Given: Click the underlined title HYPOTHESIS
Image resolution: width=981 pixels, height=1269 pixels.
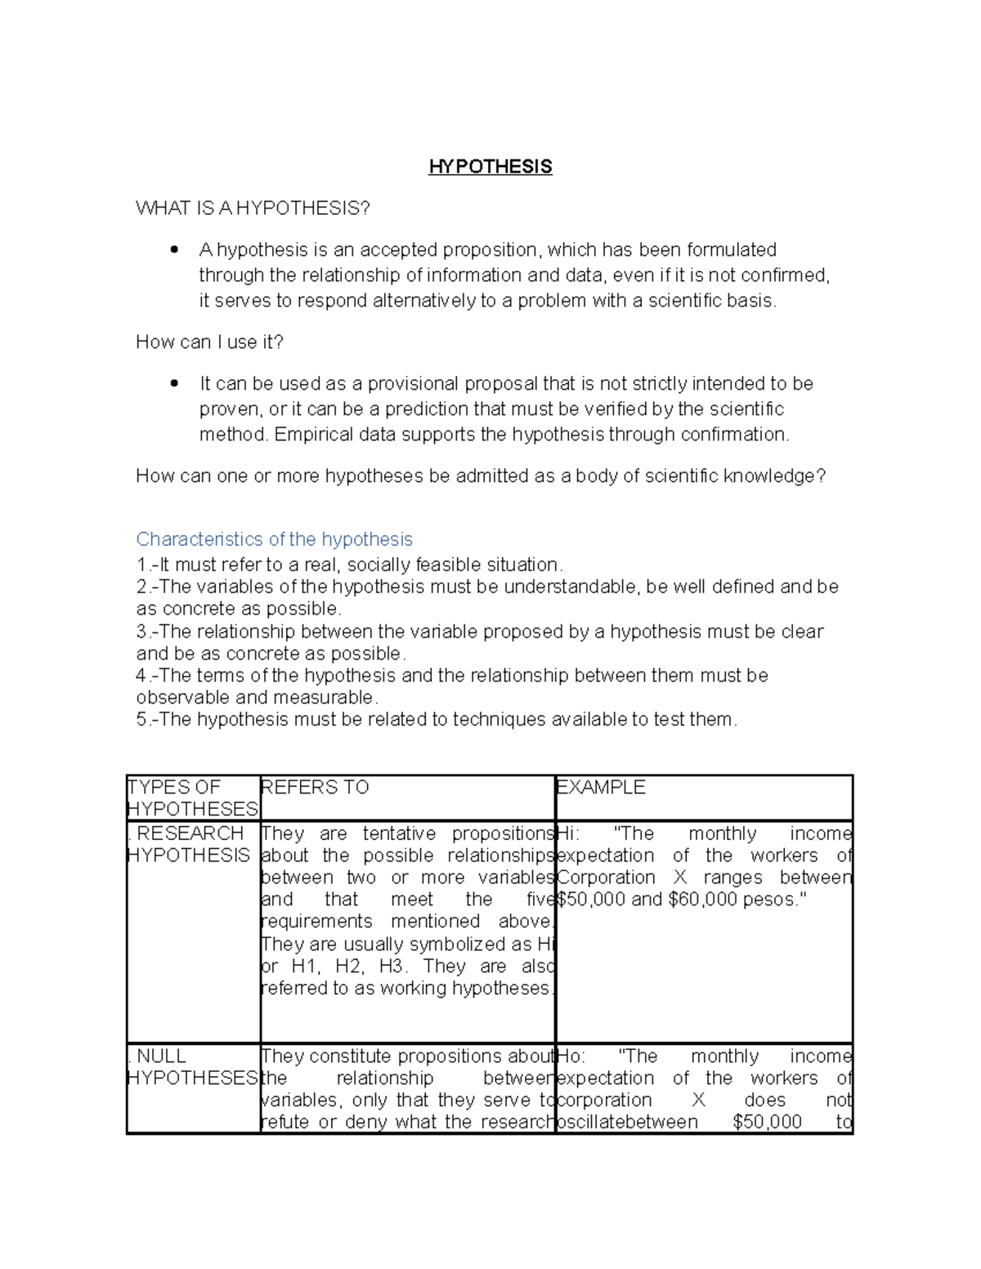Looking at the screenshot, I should click(x=490, y=167).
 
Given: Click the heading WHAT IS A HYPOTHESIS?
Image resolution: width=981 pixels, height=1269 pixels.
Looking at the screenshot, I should click(x=253, y=208).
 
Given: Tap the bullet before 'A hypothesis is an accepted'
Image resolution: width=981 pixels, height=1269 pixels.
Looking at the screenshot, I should click(x=174, y=250).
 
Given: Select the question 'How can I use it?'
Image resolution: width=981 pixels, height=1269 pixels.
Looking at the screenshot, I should click(x=209, y=342).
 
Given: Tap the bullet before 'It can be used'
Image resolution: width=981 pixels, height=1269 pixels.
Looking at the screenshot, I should click(x=174, y=383).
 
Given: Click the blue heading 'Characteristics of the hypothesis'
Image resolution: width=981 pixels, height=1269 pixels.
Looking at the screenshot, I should click(x=274, y=539).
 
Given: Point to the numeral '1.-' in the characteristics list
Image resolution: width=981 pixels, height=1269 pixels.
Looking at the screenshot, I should click(x=146, y=565).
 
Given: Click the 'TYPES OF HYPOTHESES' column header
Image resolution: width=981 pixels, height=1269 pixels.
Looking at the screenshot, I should click(x=192, y=798).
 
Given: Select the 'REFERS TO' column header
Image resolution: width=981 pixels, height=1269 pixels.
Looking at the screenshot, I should click(x=315, y=787).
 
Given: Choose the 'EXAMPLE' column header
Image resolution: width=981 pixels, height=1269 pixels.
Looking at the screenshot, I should click(x=601, y=787).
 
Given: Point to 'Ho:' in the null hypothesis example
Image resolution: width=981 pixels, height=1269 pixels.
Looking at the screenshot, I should click(x=571, y=1057).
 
